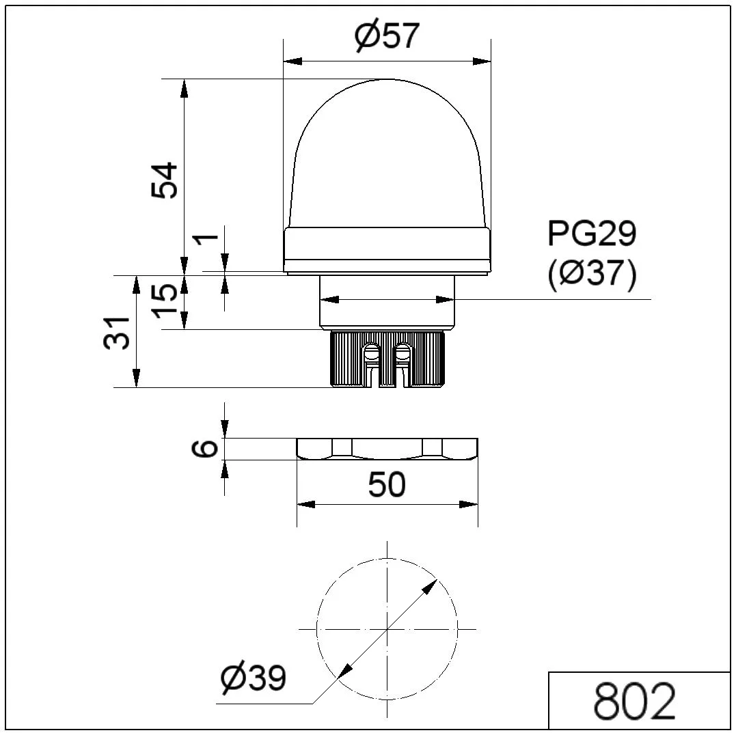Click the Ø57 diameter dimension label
(x=386, y=36)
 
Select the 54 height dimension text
(x=164, y=180)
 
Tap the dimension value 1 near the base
(x=206, y=239)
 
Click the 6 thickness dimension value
(x=205, y=448)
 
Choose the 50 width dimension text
(x=387, y=484)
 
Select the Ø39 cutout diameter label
(x=254, y=678)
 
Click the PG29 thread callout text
(x=592, y=234)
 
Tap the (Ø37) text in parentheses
(x=592, y=273)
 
